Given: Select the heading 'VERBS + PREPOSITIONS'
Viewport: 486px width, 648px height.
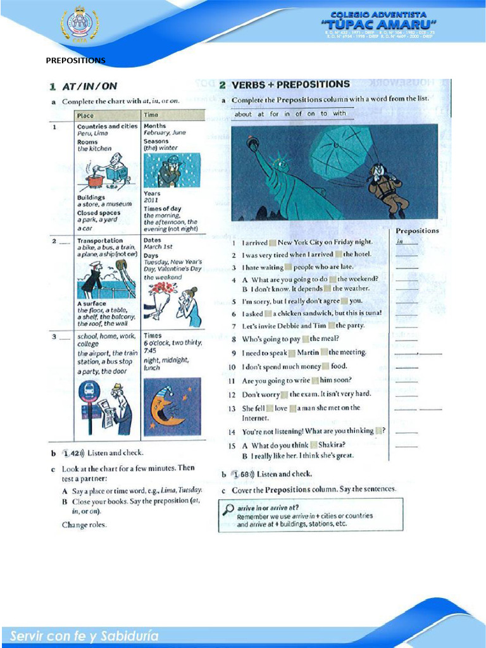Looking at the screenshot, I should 290,84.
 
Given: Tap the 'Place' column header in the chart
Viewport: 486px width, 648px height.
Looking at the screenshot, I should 85,115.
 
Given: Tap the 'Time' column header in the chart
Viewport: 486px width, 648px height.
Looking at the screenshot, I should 151,115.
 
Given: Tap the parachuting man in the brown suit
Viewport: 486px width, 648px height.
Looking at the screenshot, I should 387,189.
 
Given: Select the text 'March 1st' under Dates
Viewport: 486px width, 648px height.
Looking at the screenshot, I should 158,247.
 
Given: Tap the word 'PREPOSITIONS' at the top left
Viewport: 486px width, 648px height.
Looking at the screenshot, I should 75,61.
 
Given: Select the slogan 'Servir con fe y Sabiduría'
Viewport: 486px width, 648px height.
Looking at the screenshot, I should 85,635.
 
